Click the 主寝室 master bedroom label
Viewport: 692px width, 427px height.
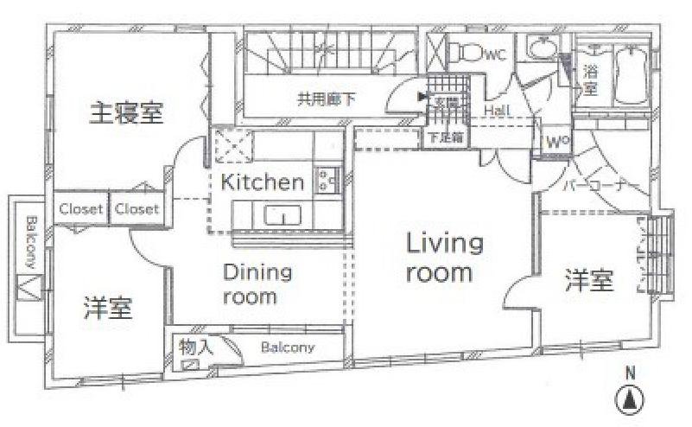pyautogui.click(x=127, y=113)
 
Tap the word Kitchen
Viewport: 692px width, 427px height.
pyautogui.click(x=262, y=183)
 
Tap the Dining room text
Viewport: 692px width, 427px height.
pyautogui.click(x=257, y=284)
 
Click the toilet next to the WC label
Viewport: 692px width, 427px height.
pyautogui.click(x=467, y=53)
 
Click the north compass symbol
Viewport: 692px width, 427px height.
pyautogui.click(x=631, y=399)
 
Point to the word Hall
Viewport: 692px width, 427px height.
pyautogui.click(x=496, y=112)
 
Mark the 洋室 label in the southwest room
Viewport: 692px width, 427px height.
pyautogui.click(x=108, y=308)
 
